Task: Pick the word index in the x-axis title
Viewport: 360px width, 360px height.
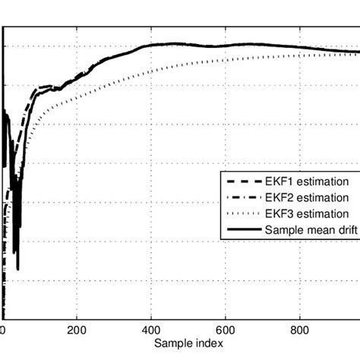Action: tap(205, 344)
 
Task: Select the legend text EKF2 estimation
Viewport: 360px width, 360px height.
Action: tap(307, 197)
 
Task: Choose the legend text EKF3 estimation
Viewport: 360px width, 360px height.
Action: tap(307, 213)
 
